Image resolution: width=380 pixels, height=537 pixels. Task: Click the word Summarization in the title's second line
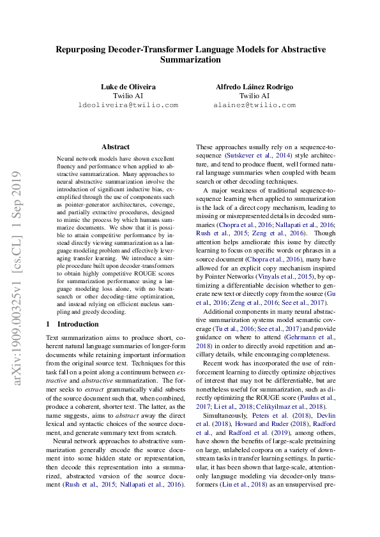190,60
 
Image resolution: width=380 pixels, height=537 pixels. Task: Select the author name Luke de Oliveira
128,86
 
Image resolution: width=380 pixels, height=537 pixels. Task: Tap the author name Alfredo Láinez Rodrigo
254,86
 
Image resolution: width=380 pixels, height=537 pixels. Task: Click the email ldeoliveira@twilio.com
128,105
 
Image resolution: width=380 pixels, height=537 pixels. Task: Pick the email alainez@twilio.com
254,105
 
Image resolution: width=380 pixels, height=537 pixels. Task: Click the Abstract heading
116,147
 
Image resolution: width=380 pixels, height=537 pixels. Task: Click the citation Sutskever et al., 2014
257,155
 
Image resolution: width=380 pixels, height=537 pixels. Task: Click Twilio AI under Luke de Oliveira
128,96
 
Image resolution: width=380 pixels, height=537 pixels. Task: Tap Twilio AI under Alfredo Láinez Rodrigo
254,96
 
